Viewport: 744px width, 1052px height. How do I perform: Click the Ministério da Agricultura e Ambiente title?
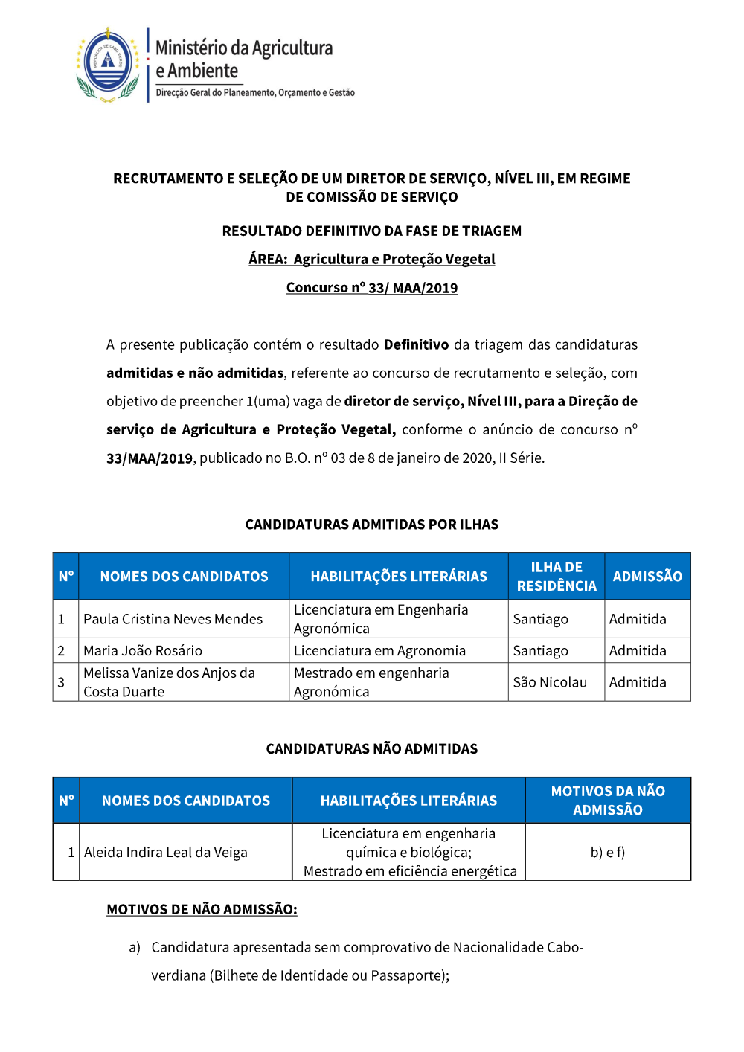coord(243,60)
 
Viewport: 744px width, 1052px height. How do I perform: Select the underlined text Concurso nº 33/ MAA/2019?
coord(371,288)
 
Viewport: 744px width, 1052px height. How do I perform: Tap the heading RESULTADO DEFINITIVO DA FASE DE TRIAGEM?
coord(371,231)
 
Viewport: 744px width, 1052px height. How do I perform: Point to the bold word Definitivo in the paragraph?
coord(416,344)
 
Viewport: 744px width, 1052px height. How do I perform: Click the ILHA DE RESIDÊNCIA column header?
coord(557,577)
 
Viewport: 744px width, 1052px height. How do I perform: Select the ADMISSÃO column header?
coord(647,577)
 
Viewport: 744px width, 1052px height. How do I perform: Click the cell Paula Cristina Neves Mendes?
coord(173,619)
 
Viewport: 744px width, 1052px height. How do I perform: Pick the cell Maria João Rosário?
coord(143,651)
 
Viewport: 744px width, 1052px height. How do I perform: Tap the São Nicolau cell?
coord(550,682)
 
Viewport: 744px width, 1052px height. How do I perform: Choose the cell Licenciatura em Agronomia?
coord(379,651)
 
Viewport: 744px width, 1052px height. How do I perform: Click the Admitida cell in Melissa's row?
coord(638,682)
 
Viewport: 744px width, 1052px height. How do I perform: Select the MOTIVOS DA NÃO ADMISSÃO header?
coord(608,801)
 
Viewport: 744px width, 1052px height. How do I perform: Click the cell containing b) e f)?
coord(608,853)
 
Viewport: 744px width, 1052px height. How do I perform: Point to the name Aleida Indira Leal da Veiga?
coord(166,853)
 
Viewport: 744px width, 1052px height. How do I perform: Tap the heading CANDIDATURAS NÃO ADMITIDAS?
coord(371,748)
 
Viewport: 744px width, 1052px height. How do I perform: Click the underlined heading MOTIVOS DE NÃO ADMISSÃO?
coord(202,909)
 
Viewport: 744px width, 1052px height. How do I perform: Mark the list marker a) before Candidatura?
coord(135,947)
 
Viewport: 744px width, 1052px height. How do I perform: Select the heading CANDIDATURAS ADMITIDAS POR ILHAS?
coord(371,525)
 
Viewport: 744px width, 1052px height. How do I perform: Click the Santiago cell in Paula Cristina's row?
coord(541,619)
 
